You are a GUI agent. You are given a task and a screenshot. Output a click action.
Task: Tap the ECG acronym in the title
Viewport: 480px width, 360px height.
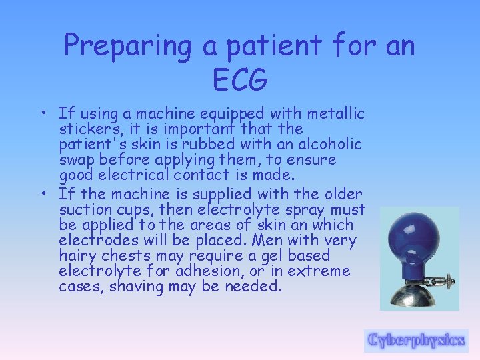click(240, 80)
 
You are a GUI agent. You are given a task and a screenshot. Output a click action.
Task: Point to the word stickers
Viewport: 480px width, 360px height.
click(87, 129)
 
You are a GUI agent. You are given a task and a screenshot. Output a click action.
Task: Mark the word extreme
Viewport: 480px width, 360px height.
click(319, 271)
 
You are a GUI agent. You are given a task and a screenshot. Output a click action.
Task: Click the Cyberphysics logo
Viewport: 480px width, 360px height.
click(416, 340)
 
